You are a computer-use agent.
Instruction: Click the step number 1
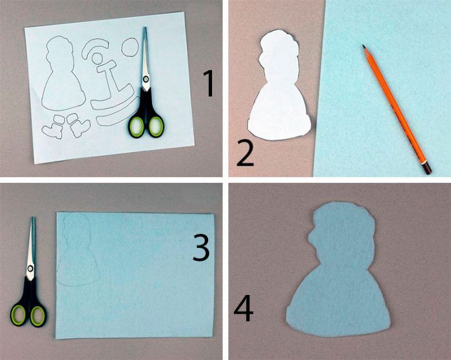tap(209, 84)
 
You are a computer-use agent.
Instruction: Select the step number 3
tap(201, 247)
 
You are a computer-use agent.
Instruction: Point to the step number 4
tap(244, 309)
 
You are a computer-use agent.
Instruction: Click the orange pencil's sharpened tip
tap(363, 46)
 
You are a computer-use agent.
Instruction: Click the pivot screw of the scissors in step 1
tap(146, 79)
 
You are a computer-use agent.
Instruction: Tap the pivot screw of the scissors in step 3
tap(30, 269)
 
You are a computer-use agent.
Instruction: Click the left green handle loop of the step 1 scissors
tap(137, 126)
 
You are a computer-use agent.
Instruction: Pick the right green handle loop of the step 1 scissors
tap(156, 127)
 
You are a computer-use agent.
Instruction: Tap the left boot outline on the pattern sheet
tap(53, 128)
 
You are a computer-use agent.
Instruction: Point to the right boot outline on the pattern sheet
tap(78, 125)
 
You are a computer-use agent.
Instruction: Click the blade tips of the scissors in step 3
tap(32, 218)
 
